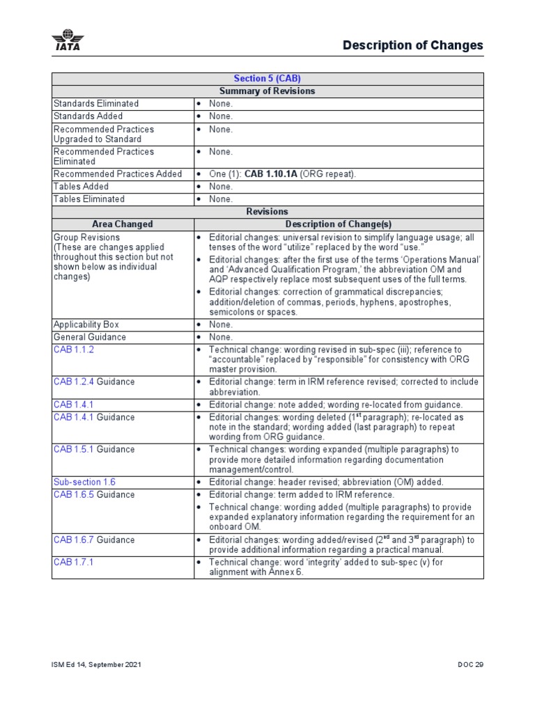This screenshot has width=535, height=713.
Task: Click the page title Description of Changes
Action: tap(412, 45)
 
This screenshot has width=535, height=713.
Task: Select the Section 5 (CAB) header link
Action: tap(267, 79)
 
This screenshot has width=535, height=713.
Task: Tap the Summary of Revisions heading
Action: tap(267, 91)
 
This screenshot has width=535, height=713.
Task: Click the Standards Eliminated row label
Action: tap(96, 104)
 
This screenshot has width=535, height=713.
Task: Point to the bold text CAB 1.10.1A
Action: tap(271, 174)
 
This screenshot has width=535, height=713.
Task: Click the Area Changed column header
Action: tap(123, 224)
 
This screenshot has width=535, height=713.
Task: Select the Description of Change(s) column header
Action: tap(339, 224)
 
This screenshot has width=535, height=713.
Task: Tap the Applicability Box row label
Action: tap(86, 324)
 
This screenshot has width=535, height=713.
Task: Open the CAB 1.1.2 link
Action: tap(73, 350)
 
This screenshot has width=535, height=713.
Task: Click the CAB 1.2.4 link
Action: tap(73, 382)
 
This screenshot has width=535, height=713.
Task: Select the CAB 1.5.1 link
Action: tap(73, 450)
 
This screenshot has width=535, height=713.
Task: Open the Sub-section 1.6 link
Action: tap(84, 482)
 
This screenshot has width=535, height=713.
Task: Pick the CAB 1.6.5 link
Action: tap(73, 494)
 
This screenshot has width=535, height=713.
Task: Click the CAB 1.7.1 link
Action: tap(73, 562)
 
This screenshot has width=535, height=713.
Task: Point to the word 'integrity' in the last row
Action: tap(318, 562)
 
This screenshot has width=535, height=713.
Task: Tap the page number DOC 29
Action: tap(470, 665)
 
